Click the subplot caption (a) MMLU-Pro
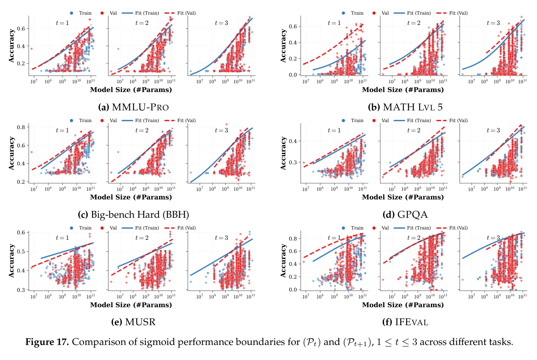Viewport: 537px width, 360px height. click(134, 107)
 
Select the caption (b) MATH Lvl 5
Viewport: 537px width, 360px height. click(405, 107)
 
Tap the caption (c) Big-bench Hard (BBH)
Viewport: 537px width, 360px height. click(134, 214)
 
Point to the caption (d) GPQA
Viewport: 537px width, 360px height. click(405, 214)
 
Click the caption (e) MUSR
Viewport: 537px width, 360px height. click(134, 322)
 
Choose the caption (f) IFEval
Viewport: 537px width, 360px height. click(405, 322)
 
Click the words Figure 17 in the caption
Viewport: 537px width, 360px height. click(47, 342)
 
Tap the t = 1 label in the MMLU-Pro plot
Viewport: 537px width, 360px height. click(62, 23)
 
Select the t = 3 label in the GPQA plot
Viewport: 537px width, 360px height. click(493, 130)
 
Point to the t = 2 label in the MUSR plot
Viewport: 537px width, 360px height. click(142, 238)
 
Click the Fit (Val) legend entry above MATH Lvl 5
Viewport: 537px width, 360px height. click(452, 13)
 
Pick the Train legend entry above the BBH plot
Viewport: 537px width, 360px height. click(81, 121)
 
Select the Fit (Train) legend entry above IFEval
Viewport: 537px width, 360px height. click(412, 228)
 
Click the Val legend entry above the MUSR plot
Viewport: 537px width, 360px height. click(109, 228)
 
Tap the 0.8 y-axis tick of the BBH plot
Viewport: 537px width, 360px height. click(22, 127)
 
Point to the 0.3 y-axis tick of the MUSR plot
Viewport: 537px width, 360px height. click(22, 290)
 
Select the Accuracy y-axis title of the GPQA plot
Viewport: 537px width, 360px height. click(284, 153)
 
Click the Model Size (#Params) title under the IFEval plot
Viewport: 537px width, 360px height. click(403, 305)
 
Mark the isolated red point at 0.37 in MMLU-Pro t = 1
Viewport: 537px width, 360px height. click(32, 49)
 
